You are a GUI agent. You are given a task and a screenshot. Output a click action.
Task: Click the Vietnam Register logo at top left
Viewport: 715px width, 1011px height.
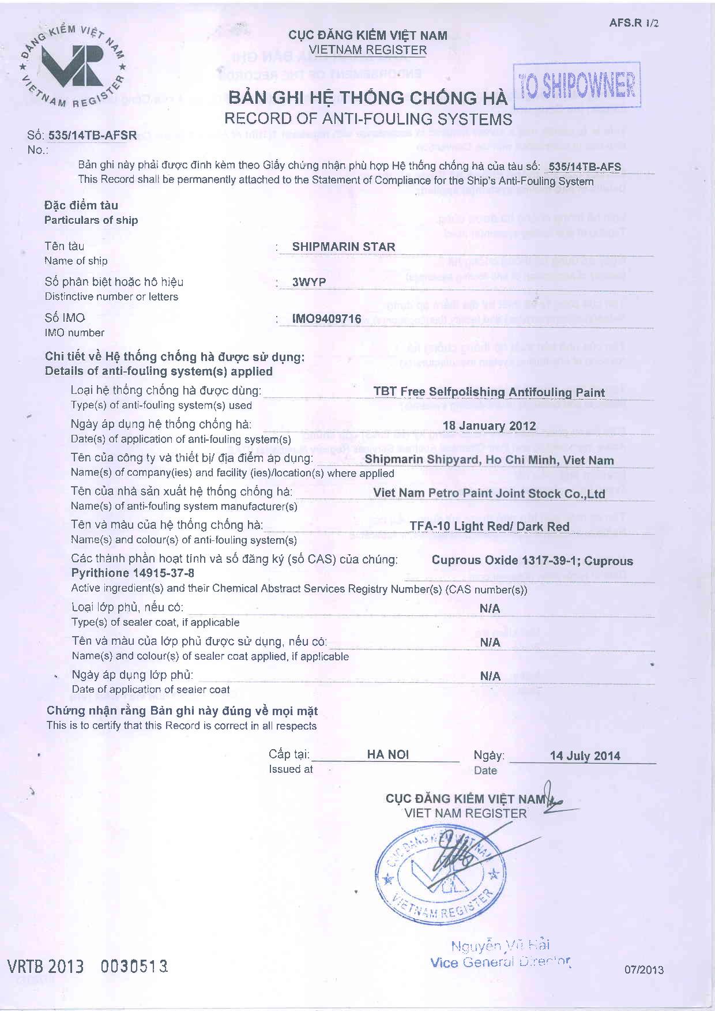pos(73,66)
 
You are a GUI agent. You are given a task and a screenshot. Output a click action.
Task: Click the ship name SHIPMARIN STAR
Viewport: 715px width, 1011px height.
pos(344,247)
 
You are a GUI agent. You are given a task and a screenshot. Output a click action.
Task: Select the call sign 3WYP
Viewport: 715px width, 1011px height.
pos(309,283)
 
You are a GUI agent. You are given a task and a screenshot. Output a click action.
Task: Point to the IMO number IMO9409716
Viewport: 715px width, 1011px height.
pos(326,319)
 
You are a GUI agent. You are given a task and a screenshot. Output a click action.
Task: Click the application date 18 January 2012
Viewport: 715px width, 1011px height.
pos(489,426)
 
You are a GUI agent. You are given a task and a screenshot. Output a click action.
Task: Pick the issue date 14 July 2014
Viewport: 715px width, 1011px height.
pos(585,756)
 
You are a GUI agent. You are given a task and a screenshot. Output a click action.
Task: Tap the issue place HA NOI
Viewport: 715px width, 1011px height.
pos(387,755)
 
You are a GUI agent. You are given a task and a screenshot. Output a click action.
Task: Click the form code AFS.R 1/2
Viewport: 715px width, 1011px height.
pos(634,24)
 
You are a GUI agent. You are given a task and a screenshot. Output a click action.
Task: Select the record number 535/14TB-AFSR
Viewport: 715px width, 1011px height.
pos(92,136)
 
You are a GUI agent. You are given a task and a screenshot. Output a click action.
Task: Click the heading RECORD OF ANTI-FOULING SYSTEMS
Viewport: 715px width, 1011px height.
pos(368,119)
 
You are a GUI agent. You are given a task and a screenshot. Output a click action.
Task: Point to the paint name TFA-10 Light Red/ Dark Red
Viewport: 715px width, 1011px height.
pos(489,527)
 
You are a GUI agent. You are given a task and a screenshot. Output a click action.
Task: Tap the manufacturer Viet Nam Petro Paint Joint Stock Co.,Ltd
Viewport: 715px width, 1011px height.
pos(489,494)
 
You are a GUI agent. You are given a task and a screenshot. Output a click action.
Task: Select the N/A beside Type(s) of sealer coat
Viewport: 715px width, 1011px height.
pos(490,609)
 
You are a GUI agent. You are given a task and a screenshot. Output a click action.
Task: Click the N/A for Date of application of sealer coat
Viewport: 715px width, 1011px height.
pos(490,676)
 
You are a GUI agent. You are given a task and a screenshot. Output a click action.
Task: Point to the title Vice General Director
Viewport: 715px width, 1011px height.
pos(500,963)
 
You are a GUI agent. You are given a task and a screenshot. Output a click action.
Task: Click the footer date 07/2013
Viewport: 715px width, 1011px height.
pos(644,969)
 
